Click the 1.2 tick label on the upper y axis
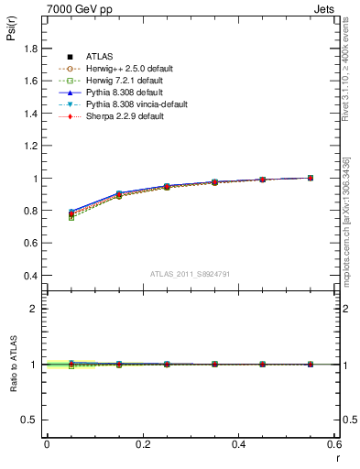30,146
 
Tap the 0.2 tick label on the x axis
143,443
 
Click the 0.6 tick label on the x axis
335,443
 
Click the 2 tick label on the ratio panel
34,309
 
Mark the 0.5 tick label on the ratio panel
30,420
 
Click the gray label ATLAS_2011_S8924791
191,274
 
